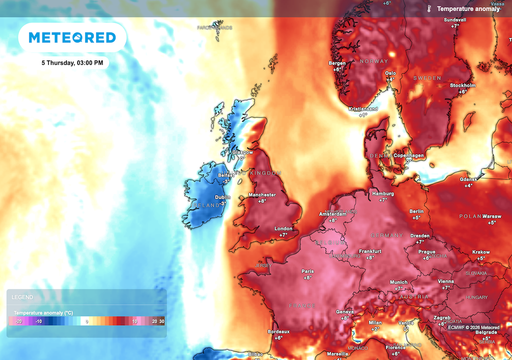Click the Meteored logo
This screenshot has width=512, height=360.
click(72, 37)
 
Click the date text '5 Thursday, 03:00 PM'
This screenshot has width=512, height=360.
click(72, 63)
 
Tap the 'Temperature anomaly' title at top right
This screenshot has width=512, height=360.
click(468, 9)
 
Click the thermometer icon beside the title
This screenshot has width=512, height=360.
click(429, 8)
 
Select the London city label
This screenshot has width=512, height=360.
click(283, 229)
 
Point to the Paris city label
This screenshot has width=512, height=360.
click(307, 271)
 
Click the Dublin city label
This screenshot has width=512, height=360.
click(222, 197)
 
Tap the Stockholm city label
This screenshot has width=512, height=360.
click(462, 85)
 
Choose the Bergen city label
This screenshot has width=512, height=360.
click(337, 63)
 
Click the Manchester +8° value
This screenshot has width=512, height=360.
click(262, 201)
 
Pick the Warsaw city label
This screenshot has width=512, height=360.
click(492, 216)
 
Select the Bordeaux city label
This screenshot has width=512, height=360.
click(278, 331)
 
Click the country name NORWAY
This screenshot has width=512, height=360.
click(374, 61)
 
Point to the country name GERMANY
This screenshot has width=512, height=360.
click(386, 235)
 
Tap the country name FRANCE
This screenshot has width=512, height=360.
click(302, 305)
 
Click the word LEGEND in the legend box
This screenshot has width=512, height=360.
click(22, 297)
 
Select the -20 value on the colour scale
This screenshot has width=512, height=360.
click(18, 321)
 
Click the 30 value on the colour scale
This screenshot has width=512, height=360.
click(161, 321)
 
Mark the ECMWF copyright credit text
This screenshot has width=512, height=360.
click(473, 327)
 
